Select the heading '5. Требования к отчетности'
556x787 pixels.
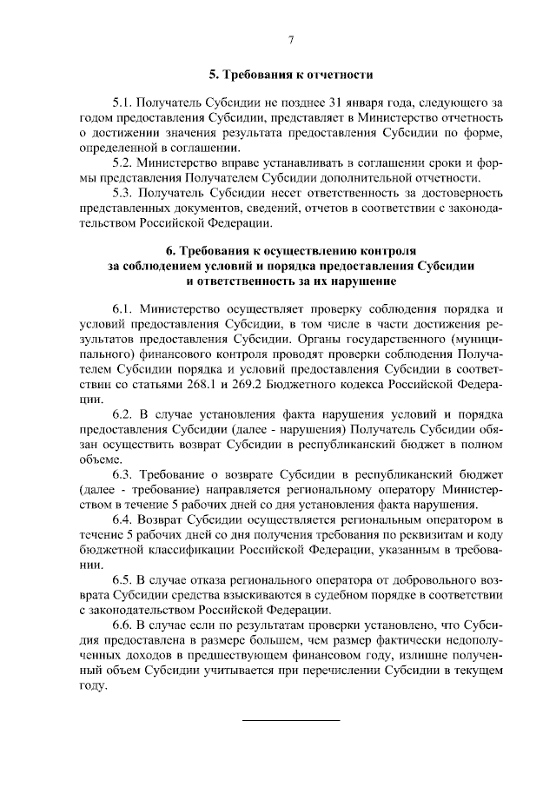[x=291, y=74]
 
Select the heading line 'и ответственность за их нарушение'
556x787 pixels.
[x=291, y=281]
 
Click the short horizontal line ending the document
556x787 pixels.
[x=291, y=720]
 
